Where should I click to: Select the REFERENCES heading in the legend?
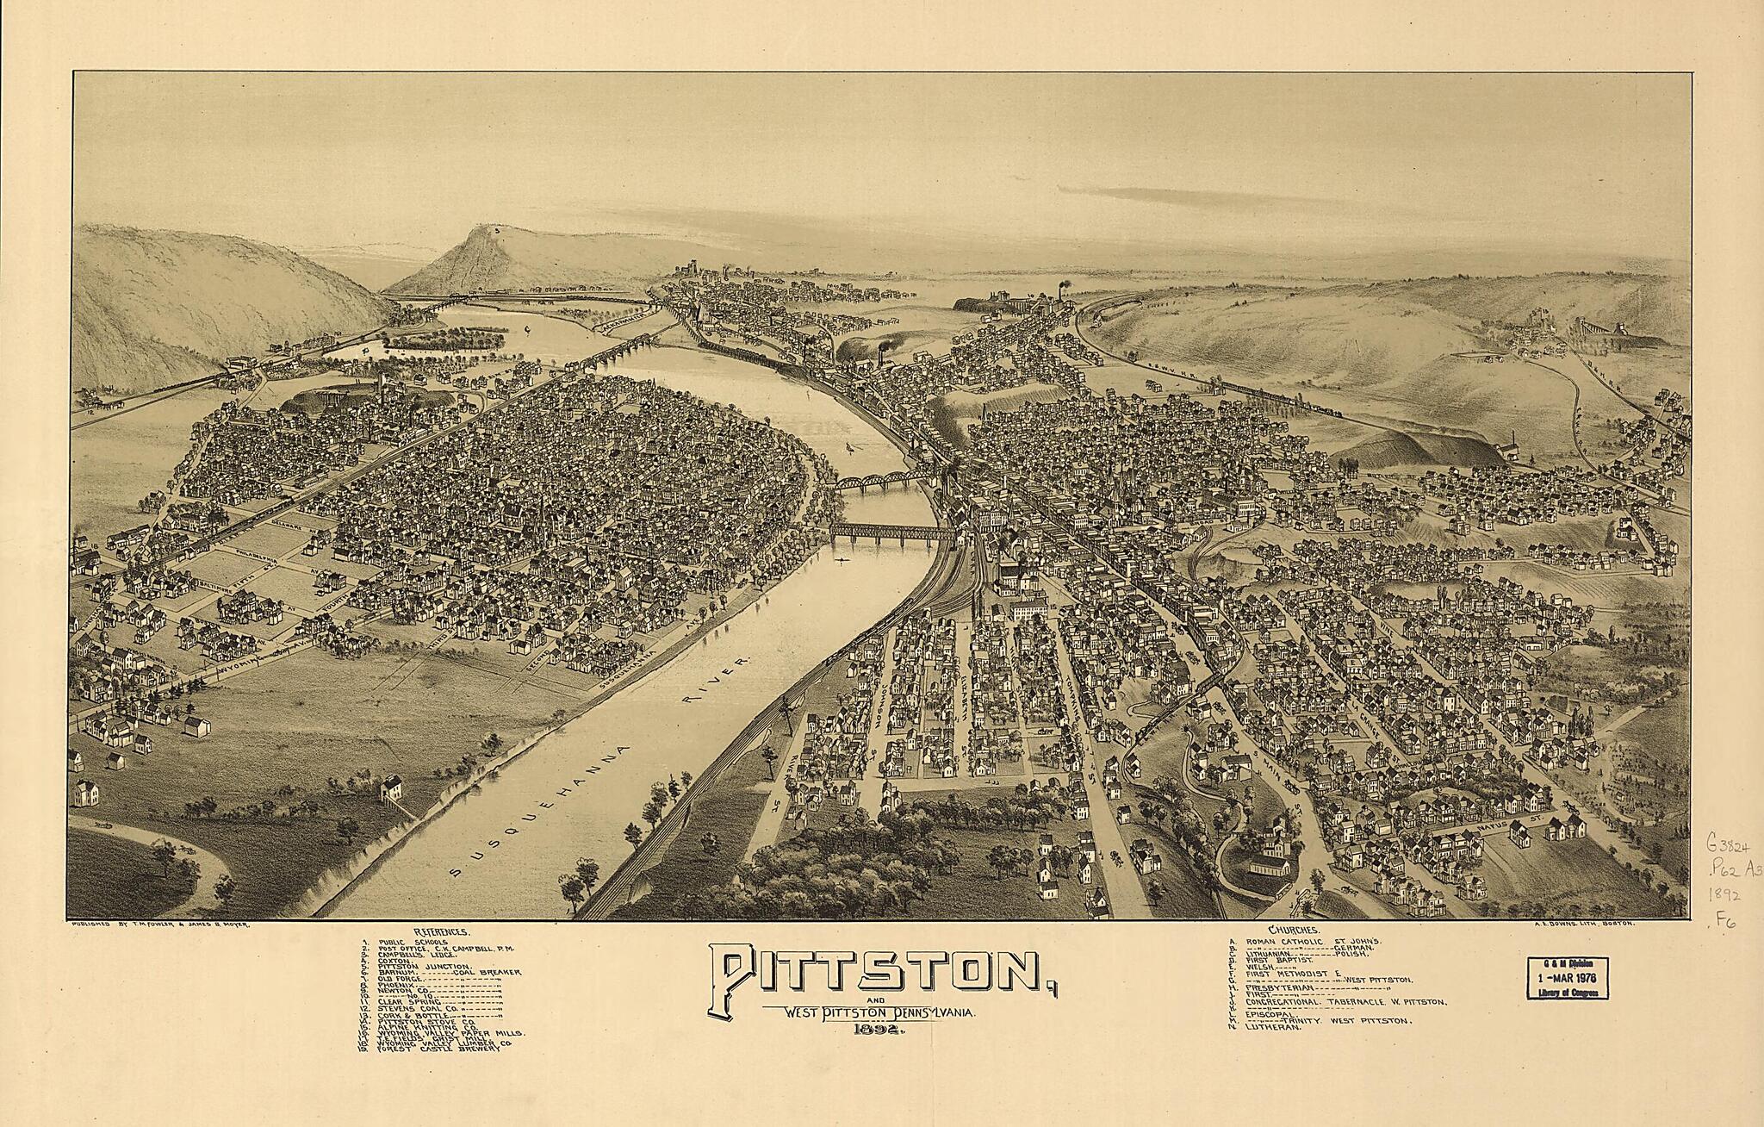pyautogui.click(x=441, y=932)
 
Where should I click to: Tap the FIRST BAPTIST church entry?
pyautogui.click(x=1276, y=959)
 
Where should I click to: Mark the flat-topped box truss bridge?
pyautogui.click(x=891, y=532)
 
